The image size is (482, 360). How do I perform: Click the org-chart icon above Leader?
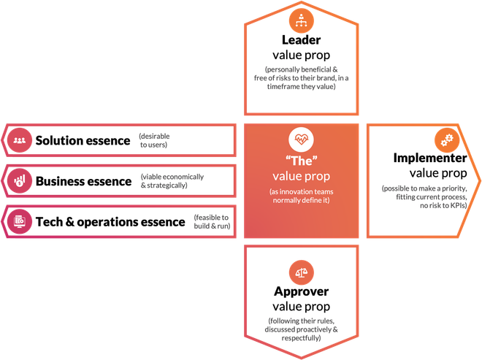click(x=301, y=20)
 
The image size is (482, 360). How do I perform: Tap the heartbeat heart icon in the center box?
click(x=301, y=139)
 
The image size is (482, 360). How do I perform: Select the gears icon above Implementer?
click(x=447, y=140)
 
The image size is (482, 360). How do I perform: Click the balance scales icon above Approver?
click(x=301, y=272)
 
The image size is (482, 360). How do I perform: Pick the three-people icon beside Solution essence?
click(x=20, y=140)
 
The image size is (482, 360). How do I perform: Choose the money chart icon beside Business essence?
click(x=20, y=181)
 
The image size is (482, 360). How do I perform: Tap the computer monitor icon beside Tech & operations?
click(x=20, y=222)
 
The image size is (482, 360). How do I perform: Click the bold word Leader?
click(x=301, y=40)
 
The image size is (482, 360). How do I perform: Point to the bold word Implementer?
click(x=430, y=158)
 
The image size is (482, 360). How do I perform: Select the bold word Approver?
click(x=301, y=291)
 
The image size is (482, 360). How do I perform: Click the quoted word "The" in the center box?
click(x=301, y=161)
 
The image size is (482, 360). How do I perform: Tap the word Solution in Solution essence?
click(x=58, y=140)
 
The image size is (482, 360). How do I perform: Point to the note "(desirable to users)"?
click(x=154, y=140)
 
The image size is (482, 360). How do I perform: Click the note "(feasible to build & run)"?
click(x=212, y=222)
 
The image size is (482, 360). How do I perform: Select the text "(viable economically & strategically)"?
click(x=172, y=181)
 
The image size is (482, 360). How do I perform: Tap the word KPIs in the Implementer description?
click(x=458, y=205)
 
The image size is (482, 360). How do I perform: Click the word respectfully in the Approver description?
click(x=301, y=338)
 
